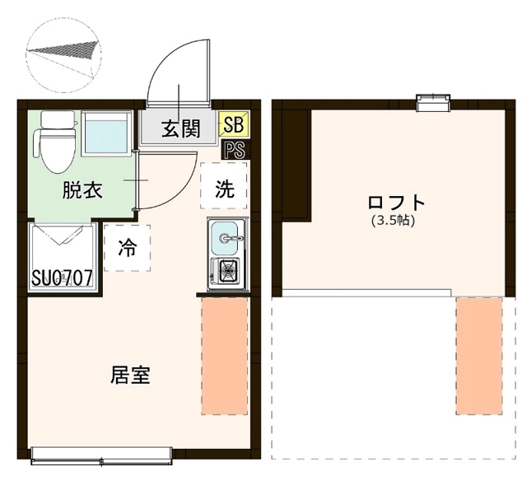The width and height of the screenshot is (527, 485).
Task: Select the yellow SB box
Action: pyautogui.click(x=233, y=124)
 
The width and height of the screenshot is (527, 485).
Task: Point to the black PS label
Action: pyautogui.click(x=234, y=151)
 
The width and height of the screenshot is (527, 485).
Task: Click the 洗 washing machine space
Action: pyautogui.click(x=224, y=189)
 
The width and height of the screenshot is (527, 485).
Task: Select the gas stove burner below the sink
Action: pyautogui.click(x=225, y=269)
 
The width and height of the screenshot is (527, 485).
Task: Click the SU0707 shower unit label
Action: pyautogui.click(x=62, y=277)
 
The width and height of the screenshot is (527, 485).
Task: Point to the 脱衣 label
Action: pyautogui.click(x=83, y=191)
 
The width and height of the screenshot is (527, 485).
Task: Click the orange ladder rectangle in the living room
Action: pyautogui.click(x=224, y=356)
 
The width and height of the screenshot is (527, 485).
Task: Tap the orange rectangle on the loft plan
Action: pyautogui.click(x=478, y=356)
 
